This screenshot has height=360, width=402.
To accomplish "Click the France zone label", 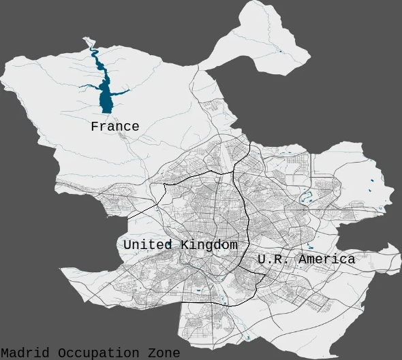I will tap(114, 127).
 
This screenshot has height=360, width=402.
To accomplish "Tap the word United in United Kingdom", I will tap(150, 244).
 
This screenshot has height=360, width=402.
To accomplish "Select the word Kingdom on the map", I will tap(209, 244).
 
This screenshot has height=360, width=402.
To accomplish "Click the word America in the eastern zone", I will tap(326, 259).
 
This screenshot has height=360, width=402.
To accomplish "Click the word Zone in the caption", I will tap(164, 353).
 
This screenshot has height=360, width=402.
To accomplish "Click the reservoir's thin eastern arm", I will tap(123, 91).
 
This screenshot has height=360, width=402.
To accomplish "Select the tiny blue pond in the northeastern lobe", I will tap(279, 51).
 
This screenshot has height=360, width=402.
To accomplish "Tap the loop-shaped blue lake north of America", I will tap(306, 198).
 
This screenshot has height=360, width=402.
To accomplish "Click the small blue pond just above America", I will tap(311, 246).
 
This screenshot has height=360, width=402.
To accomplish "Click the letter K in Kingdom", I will tap(185, 244).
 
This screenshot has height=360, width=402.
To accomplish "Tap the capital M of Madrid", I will tap(5, 353).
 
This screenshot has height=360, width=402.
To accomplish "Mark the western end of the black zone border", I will tap(129, 218).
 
